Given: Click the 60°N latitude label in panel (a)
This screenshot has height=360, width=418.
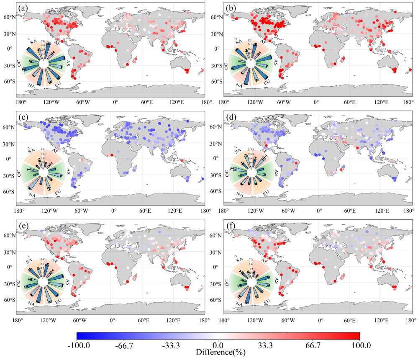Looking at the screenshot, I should tap(12, 17).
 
